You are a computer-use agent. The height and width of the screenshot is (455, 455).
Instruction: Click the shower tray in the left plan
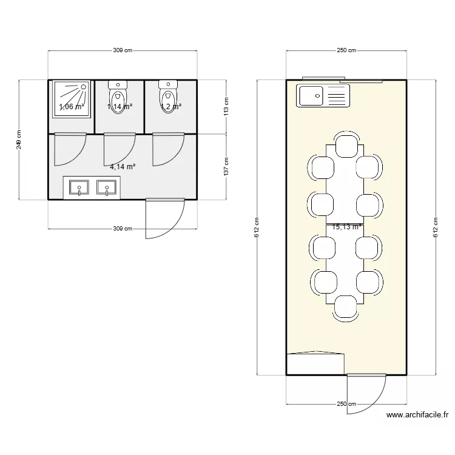(x=72, y=98)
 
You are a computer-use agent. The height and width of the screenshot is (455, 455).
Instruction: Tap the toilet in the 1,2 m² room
(x=168, y=95)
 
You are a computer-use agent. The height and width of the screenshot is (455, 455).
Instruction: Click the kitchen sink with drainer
(x=323, y=96)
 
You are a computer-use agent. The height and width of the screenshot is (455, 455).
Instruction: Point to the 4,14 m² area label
(x=123, y=166)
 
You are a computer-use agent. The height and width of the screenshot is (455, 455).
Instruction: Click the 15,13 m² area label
(x=347, y=227)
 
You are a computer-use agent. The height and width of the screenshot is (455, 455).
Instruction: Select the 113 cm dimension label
(x=226, y=107)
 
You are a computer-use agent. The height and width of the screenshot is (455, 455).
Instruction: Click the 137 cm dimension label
(x=226, y=167)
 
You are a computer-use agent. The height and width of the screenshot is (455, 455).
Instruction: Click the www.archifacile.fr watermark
(x=417, y=416)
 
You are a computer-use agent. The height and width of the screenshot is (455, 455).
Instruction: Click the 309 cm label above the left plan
(x=123, y=51)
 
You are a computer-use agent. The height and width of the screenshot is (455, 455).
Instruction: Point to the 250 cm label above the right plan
(x=346, y=51)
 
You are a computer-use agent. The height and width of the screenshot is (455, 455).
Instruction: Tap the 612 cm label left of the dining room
(x=257, y=227)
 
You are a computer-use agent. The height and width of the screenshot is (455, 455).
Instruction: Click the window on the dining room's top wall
(x=324, y=78)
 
